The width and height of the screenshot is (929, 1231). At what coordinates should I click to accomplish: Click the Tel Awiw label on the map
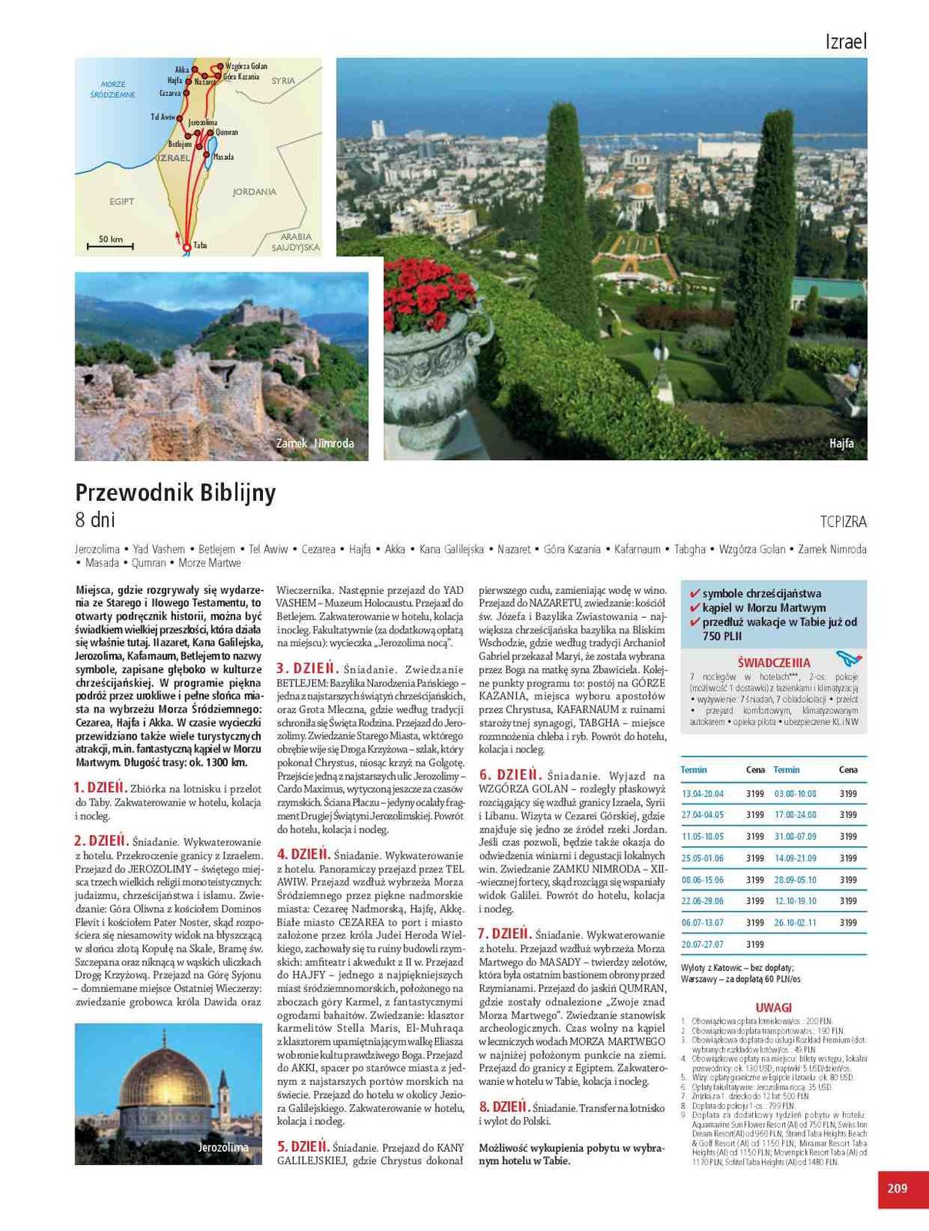coord(163,117)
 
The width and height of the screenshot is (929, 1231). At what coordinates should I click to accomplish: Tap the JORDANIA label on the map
coord(254,192)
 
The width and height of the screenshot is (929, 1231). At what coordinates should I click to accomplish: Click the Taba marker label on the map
coord(200,245)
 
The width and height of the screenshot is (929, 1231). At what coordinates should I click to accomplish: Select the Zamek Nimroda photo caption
coord(315,443)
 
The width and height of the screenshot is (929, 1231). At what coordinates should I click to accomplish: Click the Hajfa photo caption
coord(841,443)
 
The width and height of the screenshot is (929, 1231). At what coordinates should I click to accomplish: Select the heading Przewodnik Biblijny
coord(175,492)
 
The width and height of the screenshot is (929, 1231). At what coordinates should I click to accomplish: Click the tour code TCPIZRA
coord(843,522)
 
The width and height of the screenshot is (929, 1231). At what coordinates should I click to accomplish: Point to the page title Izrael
coord(845,42)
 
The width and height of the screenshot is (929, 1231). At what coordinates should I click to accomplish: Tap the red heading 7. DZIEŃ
coord(504,934)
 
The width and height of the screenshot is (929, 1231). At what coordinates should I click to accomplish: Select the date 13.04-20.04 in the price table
coord(702,793)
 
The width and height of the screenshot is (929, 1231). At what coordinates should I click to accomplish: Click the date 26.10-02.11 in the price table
coord(795,922)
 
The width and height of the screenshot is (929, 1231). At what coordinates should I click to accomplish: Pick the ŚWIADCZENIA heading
coord(773,662)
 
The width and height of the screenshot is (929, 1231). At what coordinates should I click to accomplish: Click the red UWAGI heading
coord(773,1008)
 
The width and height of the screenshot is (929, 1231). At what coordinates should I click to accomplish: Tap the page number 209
coord(897,1188)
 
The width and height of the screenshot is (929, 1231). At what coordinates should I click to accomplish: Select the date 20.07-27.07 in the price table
coord(702,944)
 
